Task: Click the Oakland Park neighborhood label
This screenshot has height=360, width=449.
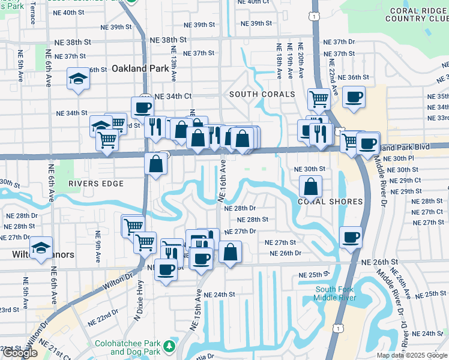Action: [x=139, y=68]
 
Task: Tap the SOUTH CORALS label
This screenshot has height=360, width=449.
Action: [x=261, y=94]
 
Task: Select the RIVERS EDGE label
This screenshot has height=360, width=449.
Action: [x=96, y=184]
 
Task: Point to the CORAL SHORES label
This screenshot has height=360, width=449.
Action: [x=330, y=202]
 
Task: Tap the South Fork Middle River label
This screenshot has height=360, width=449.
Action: [x=336, y=294]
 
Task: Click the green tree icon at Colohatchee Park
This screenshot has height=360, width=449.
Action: [x=170, y=346]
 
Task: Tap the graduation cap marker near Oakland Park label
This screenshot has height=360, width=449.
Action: [x=79, y=79]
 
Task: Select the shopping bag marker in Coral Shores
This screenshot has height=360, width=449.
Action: [x=310, y=187]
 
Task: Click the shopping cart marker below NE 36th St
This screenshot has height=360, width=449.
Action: [x=318, y=98]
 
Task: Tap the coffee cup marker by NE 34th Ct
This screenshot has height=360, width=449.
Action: [x=142, y=108]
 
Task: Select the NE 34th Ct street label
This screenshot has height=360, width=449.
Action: [x=173, y=96]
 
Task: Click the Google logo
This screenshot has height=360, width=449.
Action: [x=19, y=353]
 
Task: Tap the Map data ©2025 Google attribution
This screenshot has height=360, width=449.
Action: [x=412, y=355]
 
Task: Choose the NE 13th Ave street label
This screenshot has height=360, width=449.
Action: [x=173, y=64]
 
